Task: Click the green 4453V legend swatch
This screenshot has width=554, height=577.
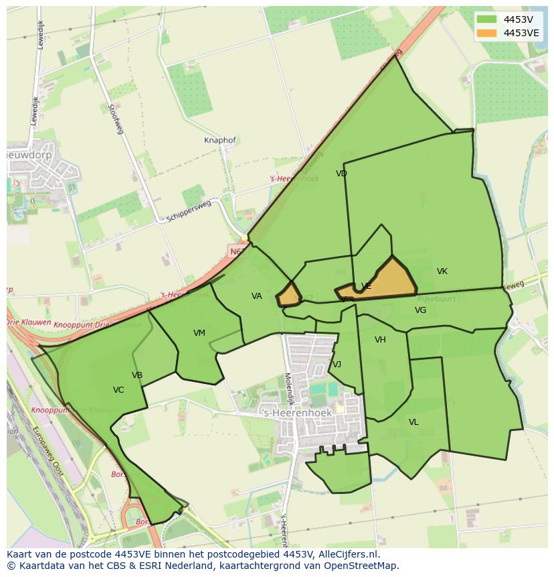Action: (x=487, y=19)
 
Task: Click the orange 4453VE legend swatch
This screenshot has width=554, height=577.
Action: (x=487, y=33)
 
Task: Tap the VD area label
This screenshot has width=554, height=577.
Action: (x=341, y=174)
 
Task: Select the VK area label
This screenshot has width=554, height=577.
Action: (x=442, y=271)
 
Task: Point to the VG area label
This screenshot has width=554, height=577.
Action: (x=420, y=310)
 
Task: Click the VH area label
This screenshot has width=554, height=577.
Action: (x=380, y=340)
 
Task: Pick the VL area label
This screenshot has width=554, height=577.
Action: (x=413, y=422)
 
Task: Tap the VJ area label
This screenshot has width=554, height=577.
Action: (x=337, y=365)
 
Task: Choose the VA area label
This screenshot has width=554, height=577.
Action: (x=257, y=296)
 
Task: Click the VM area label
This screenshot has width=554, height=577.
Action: (x=199, y=333)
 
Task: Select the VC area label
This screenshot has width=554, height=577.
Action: (x=118, y=390)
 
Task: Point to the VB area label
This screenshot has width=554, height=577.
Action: (x=137, y=375)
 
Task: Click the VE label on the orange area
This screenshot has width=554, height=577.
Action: (x=366, y=286)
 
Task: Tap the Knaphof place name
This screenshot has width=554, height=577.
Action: (x=220, y=141)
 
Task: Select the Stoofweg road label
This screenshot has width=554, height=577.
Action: (x=116, y=119)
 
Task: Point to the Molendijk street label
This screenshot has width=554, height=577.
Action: (x=289, y=389)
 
